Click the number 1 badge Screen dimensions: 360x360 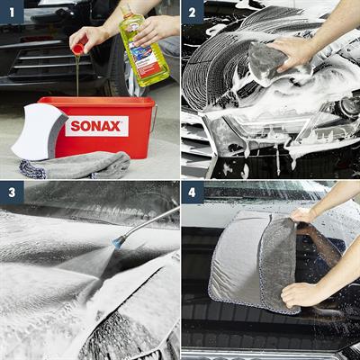(x=12, y=12)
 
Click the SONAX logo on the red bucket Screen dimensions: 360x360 (x=96, y=126)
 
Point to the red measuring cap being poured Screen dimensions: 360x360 (x=79, y=46)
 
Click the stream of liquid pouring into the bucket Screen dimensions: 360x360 (x=77, y=76)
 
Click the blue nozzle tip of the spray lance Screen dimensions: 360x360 (x=116, y=241)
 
